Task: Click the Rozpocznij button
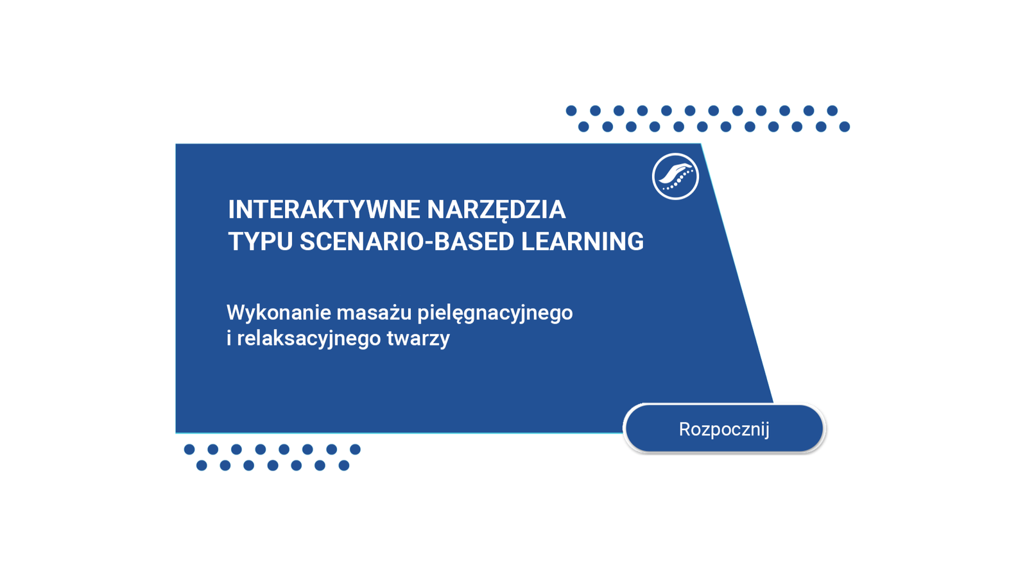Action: coord(724,429)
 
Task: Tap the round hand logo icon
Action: coord(675,176)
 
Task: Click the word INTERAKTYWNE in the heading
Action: coord(324,210)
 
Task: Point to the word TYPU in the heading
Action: coord(261,241)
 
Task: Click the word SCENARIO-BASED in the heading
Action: coord(407,241)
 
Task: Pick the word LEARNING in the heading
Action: coord(582,241)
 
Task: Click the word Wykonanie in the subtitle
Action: coord(279,313)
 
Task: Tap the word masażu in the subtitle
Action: coord(374,313)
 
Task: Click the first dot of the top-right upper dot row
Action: coord(571,110)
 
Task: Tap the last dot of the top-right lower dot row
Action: coord(845,127)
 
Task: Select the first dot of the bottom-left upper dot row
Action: coord(189,449)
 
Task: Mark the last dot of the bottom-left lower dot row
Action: coord(344,465)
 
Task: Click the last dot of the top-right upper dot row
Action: coord(832,110)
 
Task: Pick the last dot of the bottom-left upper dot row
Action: coord(356,449)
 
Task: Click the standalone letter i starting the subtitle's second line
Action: coord(229,339)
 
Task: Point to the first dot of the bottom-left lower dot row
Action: coord(202,465)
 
